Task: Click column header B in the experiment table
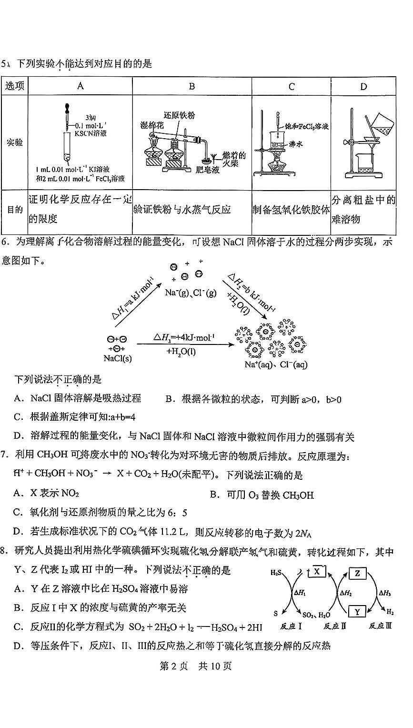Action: pyautogui.click(x=192, y=86)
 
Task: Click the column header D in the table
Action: pyautogui.click(x=363, y=86)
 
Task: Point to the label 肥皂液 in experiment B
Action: pyautogui.click(x=208, y=170)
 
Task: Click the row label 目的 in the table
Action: pyautogui.click(x=15, y=209)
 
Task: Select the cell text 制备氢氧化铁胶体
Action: pyautogui.click(x=291, y=210)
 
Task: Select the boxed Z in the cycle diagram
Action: pyautogui.click(x=357, y=573)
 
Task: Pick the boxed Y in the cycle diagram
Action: pyautogui.click(x=357, y=611)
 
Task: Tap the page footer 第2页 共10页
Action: pyautogui.click(x=195, y=666)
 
